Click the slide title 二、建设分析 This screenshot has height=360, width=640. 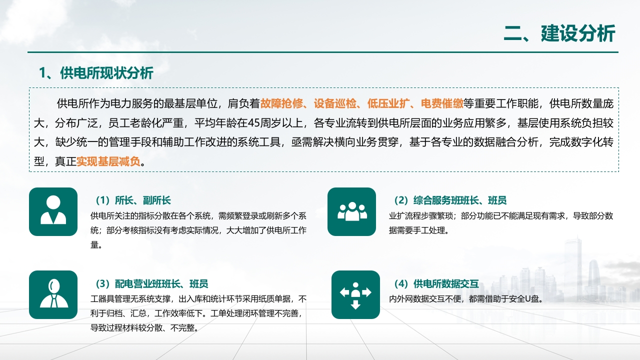pos(559,33)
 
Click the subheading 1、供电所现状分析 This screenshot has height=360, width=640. pos(96,73)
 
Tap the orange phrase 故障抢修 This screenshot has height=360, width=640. pos(281,103)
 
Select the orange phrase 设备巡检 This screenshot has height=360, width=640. pos(335,103)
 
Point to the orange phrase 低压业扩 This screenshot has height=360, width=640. pos(388,103)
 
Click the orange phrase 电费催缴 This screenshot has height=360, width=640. pos(442,103)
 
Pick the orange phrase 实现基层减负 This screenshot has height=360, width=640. pos(108,161)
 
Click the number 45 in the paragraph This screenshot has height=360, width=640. pos(254,123)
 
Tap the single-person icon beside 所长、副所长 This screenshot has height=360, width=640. pos(53,211)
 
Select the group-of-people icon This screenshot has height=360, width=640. pos(351,211)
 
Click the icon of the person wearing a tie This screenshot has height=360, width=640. pos(53,294)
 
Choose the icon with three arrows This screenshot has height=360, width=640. pos(355,294)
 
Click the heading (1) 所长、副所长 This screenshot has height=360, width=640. pos(133,200)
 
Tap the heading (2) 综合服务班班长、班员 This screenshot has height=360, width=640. pos(450,200)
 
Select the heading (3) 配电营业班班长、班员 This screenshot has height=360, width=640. pos(151,283)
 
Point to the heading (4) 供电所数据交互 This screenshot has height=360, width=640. pos(436,283)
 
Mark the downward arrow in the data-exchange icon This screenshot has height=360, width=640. pos(355,305)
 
